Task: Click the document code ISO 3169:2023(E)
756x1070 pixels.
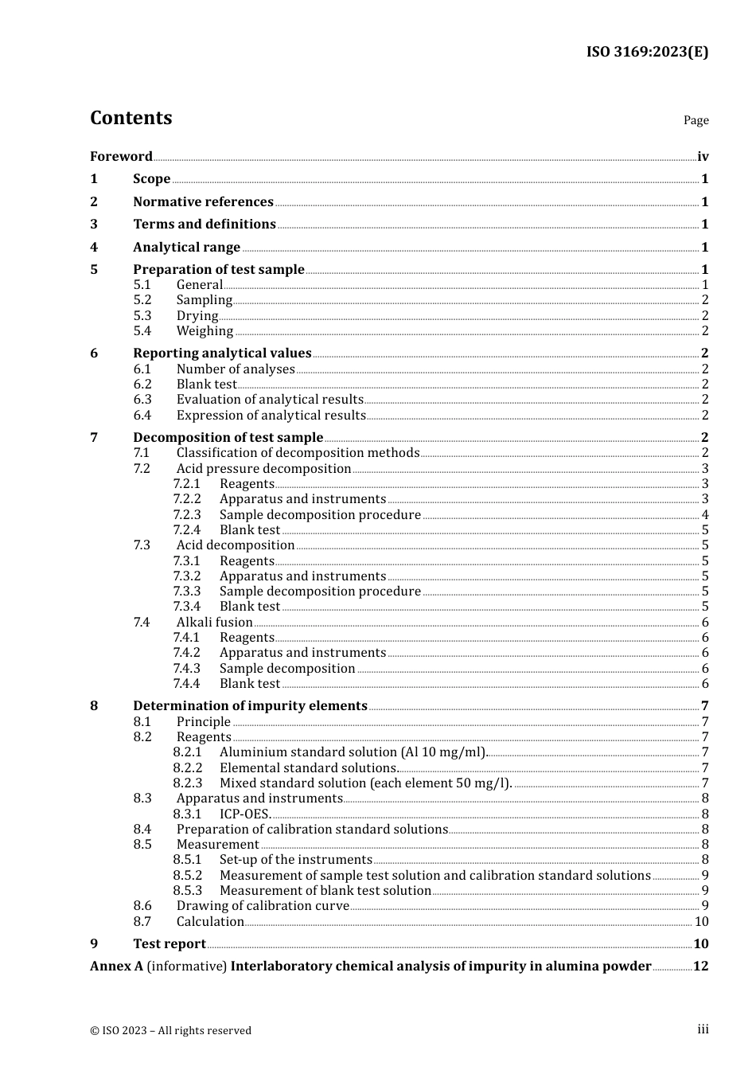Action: (x=647, y=52)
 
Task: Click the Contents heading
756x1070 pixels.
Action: (x=131, y=118)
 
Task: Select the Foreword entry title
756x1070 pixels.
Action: (x=121, y=156)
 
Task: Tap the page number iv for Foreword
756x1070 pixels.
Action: (x=703, y=157)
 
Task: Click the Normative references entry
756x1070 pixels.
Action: (x=203, y=202)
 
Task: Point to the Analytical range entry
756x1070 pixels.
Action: (x=186, y=248)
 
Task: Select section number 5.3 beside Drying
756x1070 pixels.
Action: (x=142, y=315)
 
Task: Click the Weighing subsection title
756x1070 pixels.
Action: (x=205, y=331)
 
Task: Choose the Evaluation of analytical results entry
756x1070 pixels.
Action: (x=270, y=400)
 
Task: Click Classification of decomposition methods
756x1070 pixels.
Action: (x=298, y=453)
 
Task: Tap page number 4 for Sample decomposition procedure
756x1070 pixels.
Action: (x=705, y=515)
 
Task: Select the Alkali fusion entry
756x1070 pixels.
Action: (x=214, y=623)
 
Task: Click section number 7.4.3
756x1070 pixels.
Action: (x=187, y=669)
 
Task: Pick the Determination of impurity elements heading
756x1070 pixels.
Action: (x=250, y=706)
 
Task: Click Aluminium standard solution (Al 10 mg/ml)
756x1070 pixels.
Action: (x=353, y=752)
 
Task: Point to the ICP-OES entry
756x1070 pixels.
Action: (x=245, y=814)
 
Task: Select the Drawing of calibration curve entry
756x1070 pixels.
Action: (x=263, y=906)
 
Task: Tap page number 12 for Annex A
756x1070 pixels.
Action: (x=700, y=967)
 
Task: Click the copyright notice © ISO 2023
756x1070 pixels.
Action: (x=170, y=1030)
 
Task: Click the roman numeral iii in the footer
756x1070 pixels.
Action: (x=703, y=1029)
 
